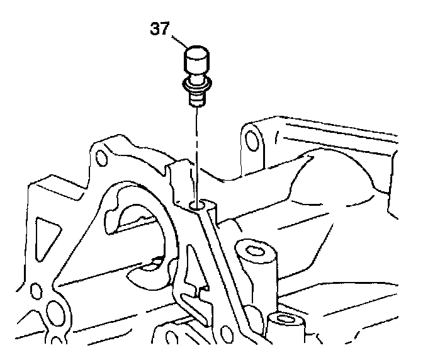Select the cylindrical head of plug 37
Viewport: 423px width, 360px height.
click(x=196, y=62)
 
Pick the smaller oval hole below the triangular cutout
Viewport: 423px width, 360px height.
click(x=37, y=291)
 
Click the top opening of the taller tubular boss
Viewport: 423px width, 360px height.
click(x=256, y=252)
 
